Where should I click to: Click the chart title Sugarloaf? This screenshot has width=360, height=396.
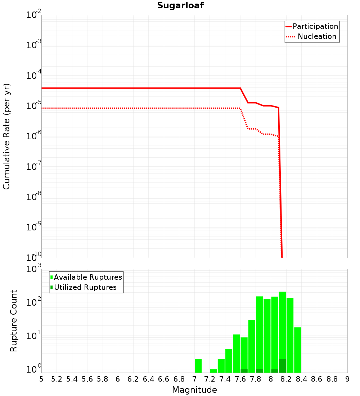tap(180, 5)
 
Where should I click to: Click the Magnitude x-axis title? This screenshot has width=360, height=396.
tap(194, 390)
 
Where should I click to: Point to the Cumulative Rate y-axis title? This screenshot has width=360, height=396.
tap(6, 136)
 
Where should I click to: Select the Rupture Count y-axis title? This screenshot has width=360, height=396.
tap(14, 320)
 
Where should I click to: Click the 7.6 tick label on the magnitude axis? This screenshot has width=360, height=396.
tap(240, 379)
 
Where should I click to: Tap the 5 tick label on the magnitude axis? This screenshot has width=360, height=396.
tap(41, 379)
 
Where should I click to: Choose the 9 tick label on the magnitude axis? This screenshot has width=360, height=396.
tap(347, 379)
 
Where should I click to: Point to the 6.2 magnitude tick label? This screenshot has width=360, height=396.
tap(133, 379)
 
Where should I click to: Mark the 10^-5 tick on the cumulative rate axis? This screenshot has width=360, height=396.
tap(34, 106)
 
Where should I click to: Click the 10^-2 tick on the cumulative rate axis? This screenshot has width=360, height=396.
tap(34, 15)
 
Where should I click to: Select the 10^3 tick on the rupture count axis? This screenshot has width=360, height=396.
tap(34, 269)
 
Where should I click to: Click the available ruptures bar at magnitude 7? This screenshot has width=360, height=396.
tap(198, 366)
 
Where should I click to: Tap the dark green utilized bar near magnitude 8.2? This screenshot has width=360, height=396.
tap(282, 366)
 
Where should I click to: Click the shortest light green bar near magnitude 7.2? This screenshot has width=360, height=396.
tap(213, 371)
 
